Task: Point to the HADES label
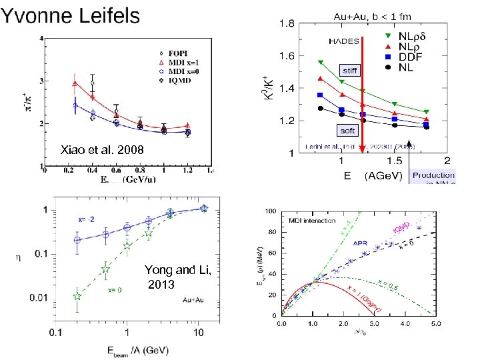click(x=344, y=41)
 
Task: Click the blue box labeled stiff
click(x=349, y=69)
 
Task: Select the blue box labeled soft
click(x=348, y=131)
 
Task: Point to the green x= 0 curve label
click(x=115, y=291)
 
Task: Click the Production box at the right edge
click(x=433, y=177)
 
